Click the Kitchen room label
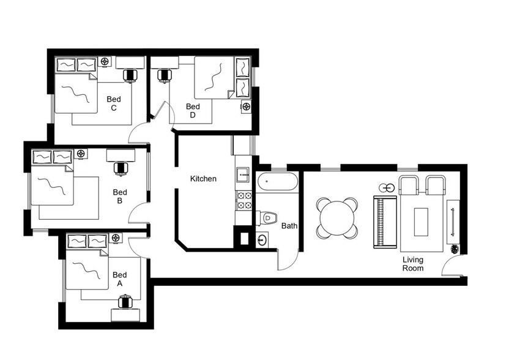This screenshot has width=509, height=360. (203, 179)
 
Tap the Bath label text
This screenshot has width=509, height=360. (289, 226)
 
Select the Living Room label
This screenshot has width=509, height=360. (412, 264)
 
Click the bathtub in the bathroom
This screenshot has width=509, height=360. (277, 182)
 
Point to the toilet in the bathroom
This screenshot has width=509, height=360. (268, 217)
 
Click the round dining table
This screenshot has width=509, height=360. (337, 217)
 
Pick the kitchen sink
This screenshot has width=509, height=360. (243, 174)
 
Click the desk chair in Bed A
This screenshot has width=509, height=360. (125, 301)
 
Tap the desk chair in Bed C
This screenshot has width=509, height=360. (130, 75)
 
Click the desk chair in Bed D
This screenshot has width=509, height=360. (164, 75)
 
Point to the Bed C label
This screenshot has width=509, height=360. (114, 103)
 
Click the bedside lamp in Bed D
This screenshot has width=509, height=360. (247, 107)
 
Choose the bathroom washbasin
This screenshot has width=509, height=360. (262, 239)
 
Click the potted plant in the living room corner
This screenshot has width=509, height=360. (455, 249)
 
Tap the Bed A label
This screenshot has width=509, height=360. (120, 279)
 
